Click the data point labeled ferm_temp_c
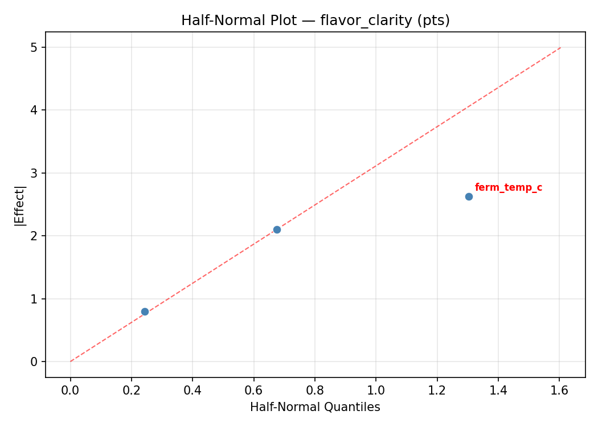tap(469, 196)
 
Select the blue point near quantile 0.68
tap(277, 229)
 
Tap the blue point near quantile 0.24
tap(145, 311)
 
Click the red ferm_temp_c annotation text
tap(508, 188)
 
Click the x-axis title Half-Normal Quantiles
tap(315, 407)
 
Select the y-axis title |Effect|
tap(20, 204)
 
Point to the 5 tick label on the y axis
tap(34, 47)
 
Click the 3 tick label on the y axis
tap(34, 173)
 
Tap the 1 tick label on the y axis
tap(34, 299)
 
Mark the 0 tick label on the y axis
tap(34, 362)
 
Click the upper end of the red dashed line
tap(560, 47)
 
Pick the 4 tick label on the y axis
tap(34, 110)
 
